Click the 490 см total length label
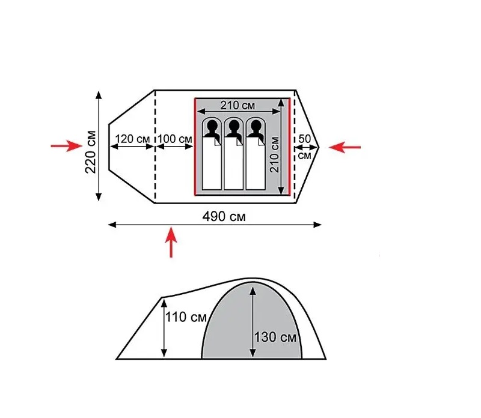click(224, 217)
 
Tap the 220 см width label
click(91, 152)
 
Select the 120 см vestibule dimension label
click(132, 139)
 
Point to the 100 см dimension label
click(175, 139)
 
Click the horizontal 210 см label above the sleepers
click(237, 106)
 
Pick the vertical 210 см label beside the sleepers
click(274, 155)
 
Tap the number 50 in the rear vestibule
click(304, 139)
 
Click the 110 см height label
click(186, 317)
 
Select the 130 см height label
click(275, 337)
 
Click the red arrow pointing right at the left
click(67, 146)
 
